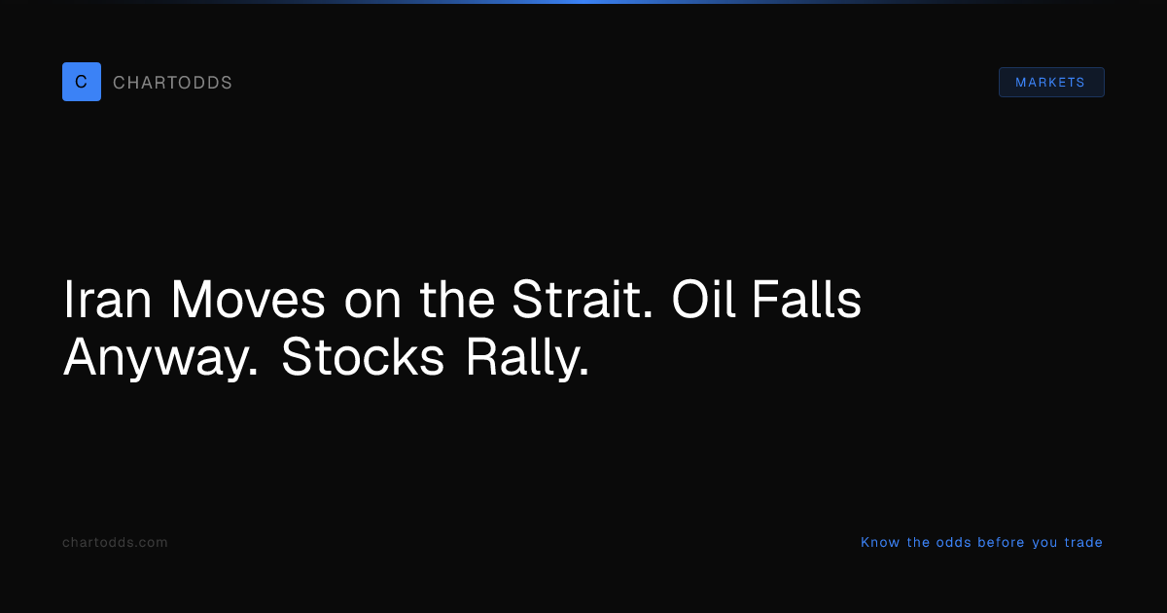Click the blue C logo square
82,82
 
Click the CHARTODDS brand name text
172,83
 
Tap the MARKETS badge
1051,83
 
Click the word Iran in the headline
107,300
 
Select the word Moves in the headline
248,300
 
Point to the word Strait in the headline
582,299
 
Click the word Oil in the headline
704,299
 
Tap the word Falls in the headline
806,299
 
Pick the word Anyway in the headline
160,359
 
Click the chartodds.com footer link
115,543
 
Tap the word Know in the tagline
880,543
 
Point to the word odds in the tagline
953,543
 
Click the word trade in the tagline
1083,543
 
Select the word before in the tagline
1001,543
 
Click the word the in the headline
457,299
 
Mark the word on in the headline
372,304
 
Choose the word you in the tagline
1044,544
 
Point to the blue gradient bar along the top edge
583,2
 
